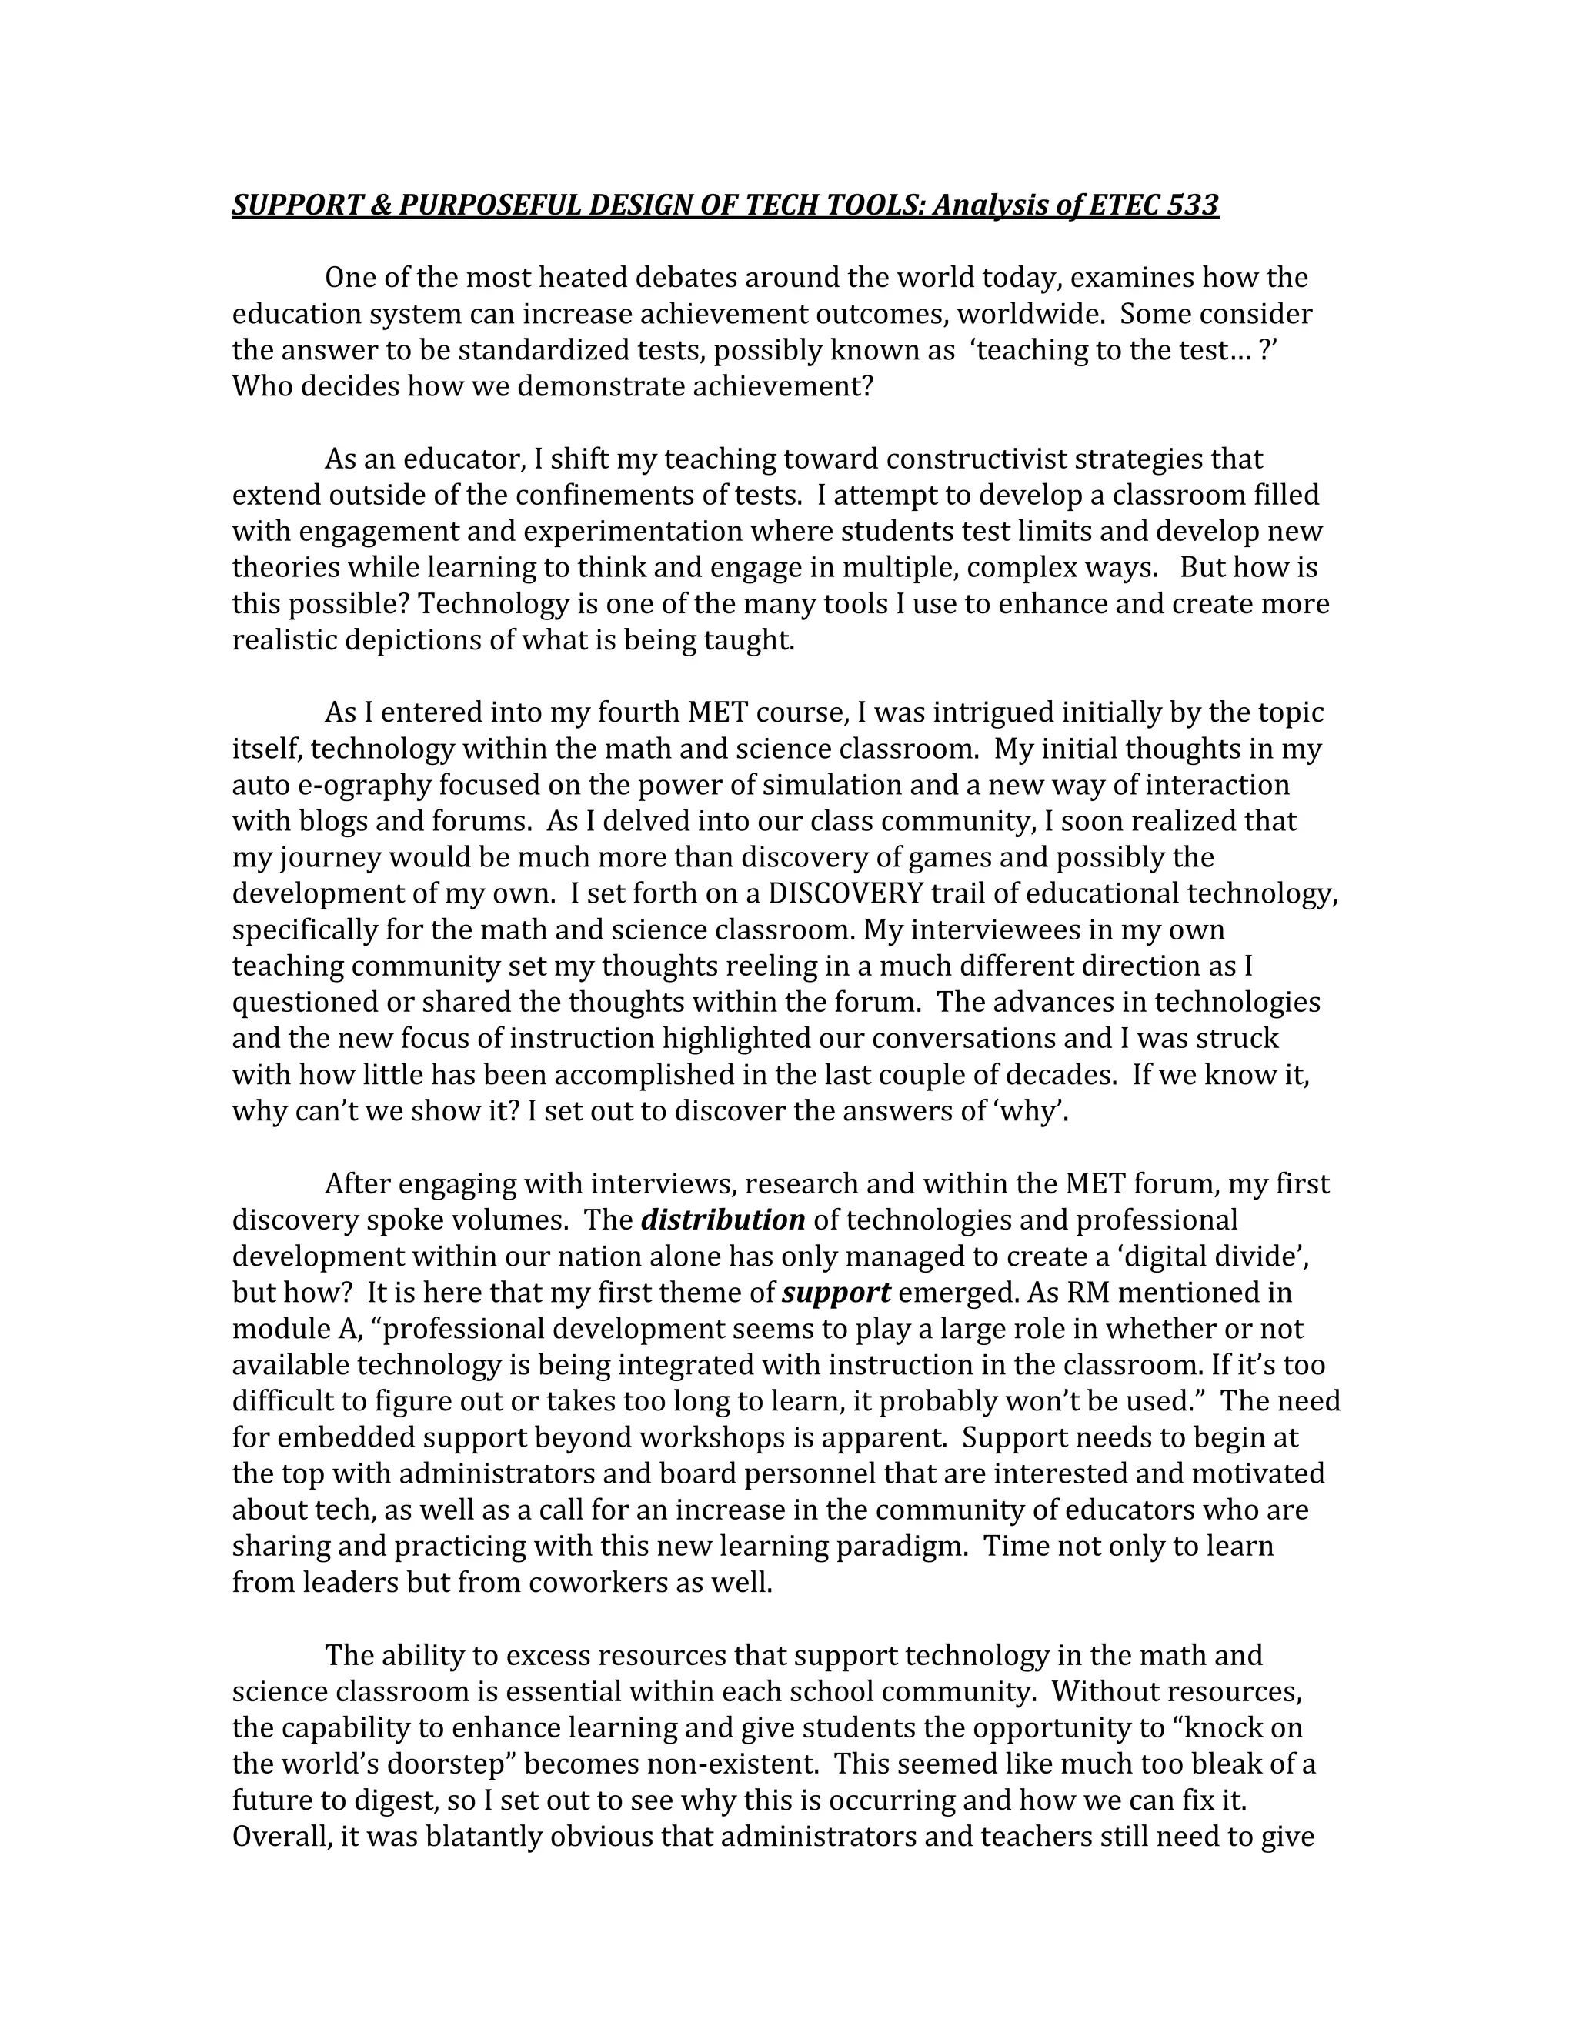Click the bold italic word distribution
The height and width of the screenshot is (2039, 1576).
[x=723, y=1220]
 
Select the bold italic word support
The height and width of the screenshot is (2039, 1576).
[x=836, y=1293]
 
